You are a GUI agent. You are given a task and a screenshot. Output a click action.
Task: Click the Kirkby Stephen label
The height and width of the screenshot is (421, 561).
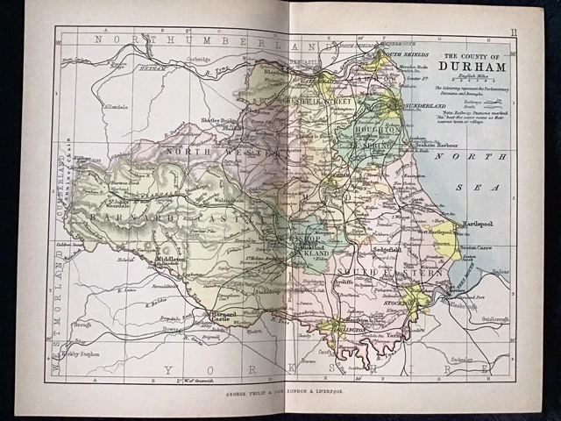[x=81, y=360]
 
